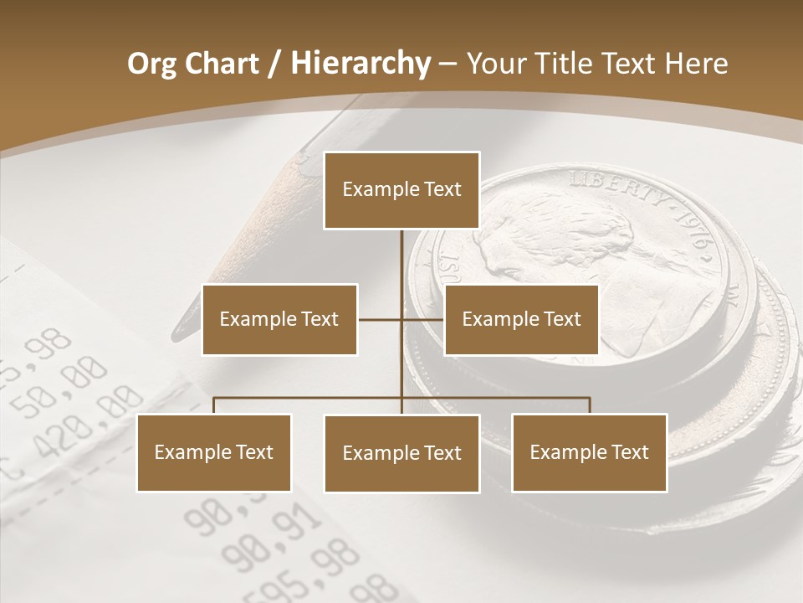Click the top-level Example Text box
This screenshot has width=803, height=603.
401,190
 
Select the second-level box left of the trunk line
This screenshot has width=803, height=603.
279,319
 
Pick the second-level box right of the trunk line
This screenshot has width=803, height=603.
521,319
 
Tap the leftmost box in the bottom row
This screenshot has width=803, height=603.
214,453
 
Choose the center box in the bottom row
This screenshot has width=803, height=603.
401,454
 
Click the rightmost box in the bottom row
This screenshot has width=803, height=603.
590,453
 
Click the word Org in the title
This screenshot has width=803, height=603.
151,64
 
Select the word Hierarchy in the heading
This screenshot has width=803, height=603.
361,64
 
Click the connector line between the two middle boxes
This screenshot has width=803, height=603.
401,319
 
